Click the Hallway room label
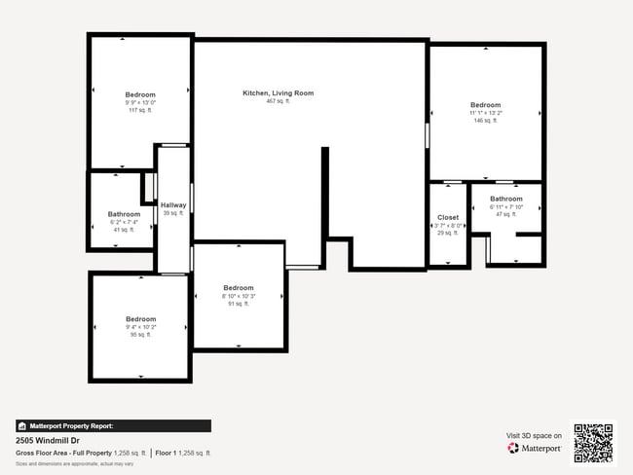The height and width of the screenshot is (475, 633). [x=173, y=205]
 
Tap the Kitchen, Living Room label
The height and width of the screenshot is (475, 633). [x=279, y=93]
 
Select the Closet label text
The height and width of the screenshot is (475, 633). [x=448, y=218]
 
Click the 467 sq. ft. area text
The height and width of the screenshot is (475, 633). [x=279, y=101]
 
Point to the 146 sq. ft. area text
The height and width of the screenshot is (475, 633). [x=485, y=121]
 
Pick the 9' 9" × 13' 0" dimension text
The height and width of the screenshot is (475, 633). [x=140, y=103]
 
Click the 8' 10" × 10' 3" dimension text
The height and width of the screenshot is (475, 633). [x=239, y=296]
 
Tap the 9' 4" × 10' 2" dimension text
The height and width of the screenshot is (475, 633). [x=140, y=327]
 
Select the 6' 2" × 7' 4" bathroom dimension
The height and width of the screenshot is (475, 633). [x=124, y=222]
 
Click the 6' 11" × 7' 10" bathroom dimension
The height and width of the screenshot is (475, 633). [x=506, y=206]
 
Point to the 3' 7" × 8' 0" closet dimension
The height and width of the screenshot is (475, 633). [x=448, y=226]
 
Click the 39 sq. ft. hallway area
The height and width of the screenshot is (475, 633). [x=173, y=213]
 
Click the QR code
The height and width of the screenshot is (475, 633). [x=593, y=442]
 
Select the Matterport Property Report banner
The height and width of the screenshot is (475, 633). [x=113, y=425]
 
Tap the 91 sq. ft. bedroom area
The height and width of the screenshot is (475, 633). [x=239, y=304]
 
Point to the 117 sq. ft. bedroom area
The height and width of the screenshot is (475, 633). [x=140, y=111]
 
